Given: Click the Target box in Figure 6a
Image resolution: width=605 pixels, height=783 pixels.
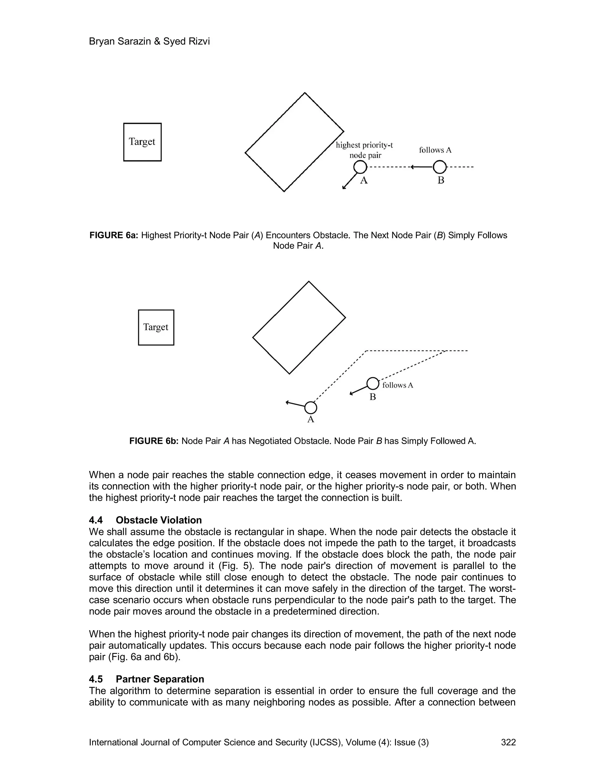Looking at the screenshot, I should pyautogui.click(x=142, y=142).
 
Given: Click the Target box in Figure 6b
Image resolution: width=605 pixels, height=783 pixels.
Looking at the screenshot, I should pyautogui.click(x=156, y=327).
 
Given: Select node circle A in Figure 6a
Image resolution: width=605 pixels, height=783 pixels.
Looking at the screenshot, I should pyautogui.click(x=360, y=167).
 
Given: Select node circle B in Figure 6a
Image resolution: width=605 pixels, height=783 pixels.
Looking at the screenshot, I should pyautogui.click(x=440, y=167).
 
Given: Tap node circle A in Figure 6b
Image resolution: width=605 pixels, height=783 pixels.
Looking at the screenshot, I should pyautogui.click(x=311, y=408).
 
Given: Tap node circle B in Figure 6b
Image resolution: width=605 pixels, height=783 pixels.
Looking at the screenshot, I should pyautogui.click(x=373, y=384).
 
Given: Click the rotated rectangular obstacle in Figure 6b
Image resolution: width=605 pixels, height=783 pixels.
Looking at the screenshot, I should pyautogui.click(x=299, y=328).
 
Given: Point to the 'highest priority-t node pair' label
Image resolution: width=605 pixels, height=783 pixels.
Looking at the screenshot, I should pyautogui.click(x=365, y=150).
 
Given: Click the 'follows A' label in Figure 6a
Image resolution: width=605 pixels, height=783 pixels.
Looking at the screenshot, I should pyautogui.click(x=435, y=150).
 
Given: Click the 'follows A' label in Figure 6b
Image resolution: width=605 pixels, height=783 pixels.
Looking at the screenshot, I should pyautogui.click(x=398, y=385).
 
